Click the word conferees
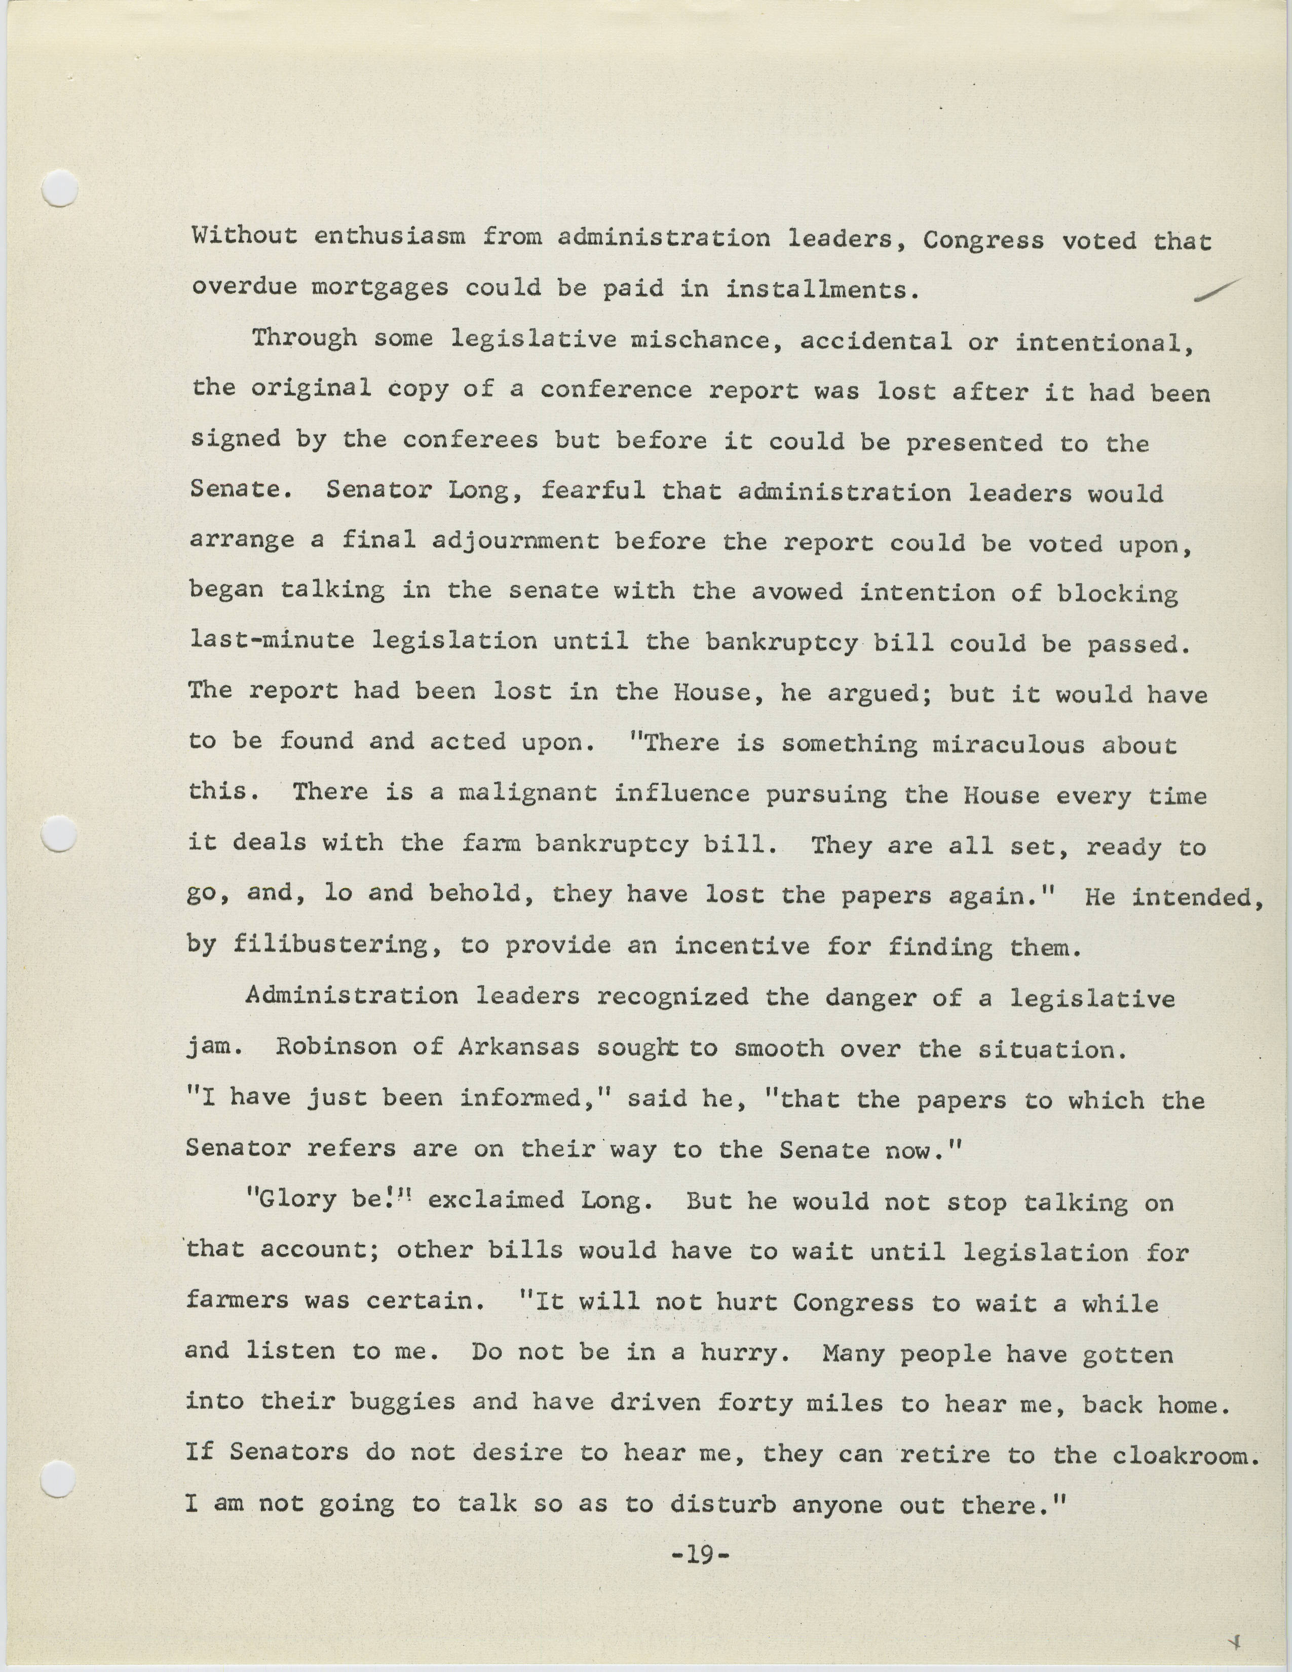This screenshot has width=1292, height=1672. tap(470, 440)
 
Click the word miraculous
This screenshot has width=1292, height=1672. tap(1009, 744)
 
